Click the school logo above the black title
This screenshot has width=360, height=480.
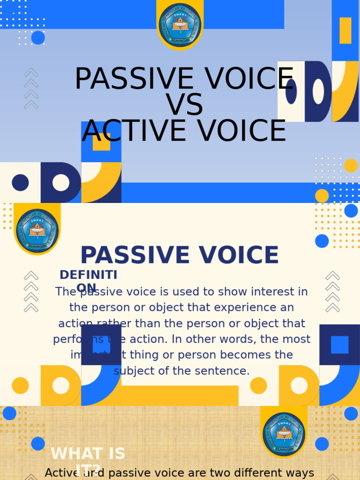[x=180, y=24]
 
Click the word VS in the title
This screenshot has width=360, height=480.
[x=184, y=105]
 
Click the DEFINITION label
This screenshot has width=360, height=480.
[x=88, y=281]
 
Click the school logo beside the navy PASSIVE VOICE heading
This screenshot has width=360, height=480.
[x=37, y=230]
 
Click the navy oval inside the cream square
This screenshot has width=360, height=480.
[x=291, y=91]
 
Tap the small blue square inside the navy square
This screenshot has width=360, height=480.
[x=339, y=345]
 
